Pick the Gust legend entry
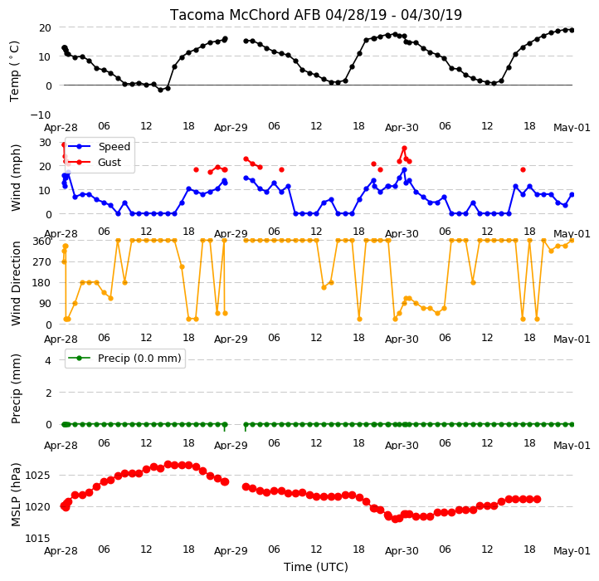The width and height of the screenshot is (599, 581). pyautogui.click(x=95, y=163)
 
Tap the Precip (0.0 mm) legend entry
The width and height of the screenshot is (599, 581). pyautogui.click(x=124, y=359)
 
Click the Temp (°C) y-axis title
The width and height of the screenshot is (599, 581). pyautogui.click(x=14, y=71)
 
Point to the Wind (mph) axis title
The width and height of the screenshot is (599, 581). pyautogui.click(x=15, y=178)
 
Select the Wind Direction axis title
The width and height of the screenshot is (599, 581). pyautogui.click(x=15, y=283)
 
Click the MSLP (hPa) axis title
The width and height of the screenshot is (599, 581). pyautogui.click(x=15, y=495)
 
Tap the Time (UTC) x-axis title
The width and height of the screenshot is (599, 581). pyautogui.click(x=316, y=567)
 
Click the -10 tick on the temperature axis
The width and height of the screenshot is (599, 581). pyautogui.click(x=41, y=115)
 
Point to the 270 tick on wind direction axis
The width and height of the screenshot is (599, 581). pyautogui.click(x=42, y=262)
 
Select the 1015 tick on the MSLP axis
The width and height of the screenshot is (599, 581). pyautogui.click(x=38, y=539)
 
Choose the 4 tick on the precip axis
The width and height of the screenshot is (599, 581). pyautogui.click(x=48, y=360)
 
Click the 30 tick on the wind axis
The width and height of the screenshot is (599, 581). pyautogui.click(x=45, y=143)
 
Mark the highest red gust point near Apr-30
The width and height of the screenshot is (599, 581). pyautogui.click(x=404, y=149)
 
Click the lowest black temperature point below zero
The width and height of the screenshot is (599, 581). pyautogui.click(x=160, y=90)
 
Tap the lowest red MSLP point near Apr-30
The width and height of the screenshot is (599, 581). pyautogui.click(x=395, y=519)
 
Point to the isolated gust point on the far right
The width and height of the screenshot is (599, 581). pyautogui.click(x=523, y=169)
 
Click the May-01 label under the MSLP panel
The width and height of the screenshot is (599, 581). pyautogui.click(x=572, y=551)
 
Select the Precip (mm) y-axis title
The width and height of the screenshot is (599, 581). pyautogui.click(x=15, y=388)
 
